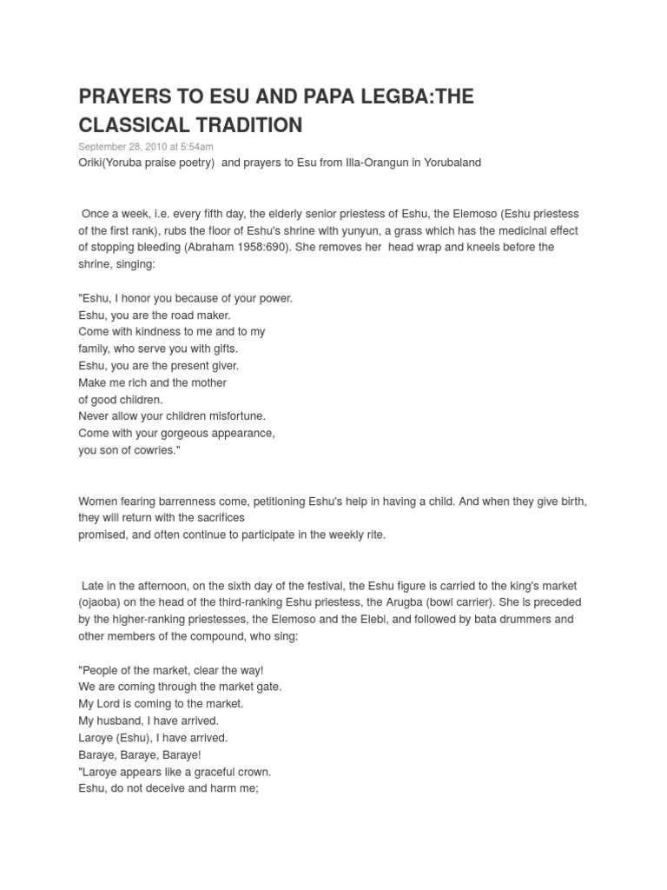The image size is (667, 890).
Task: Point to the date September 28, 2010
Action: tap(120, 147)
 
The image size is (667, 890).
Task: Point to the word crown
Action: tap(252, 772)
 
